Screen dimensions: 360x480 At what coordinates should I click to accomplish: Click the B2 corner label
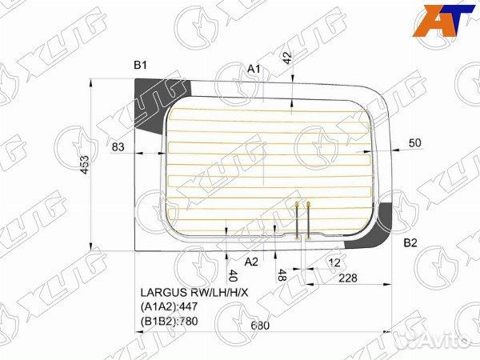(x=410, y=242)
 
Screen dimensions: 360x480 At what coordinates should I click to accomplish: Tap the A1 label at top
(x=254, y=70)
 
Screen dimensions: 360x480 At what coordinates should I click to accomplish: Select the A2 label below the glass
(x=251, y=262)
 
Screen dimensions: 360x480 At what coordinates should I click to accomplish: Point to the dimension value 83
(x=118, y=146)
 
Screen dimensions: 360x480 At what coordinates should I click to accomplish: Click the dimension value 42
(x=288, y=58)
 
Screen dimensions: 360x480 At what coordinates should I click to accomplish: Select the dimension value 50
(x=414, y=142)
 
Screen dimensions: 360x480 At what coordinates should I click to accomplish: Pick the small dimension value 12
(x=334, y=262)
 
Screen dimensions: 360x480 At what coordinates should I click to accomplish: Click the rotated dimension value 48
(x=281, y=277)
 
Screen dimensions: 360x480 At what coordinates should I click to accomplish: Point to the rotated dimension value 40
(x=232, y=276)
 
